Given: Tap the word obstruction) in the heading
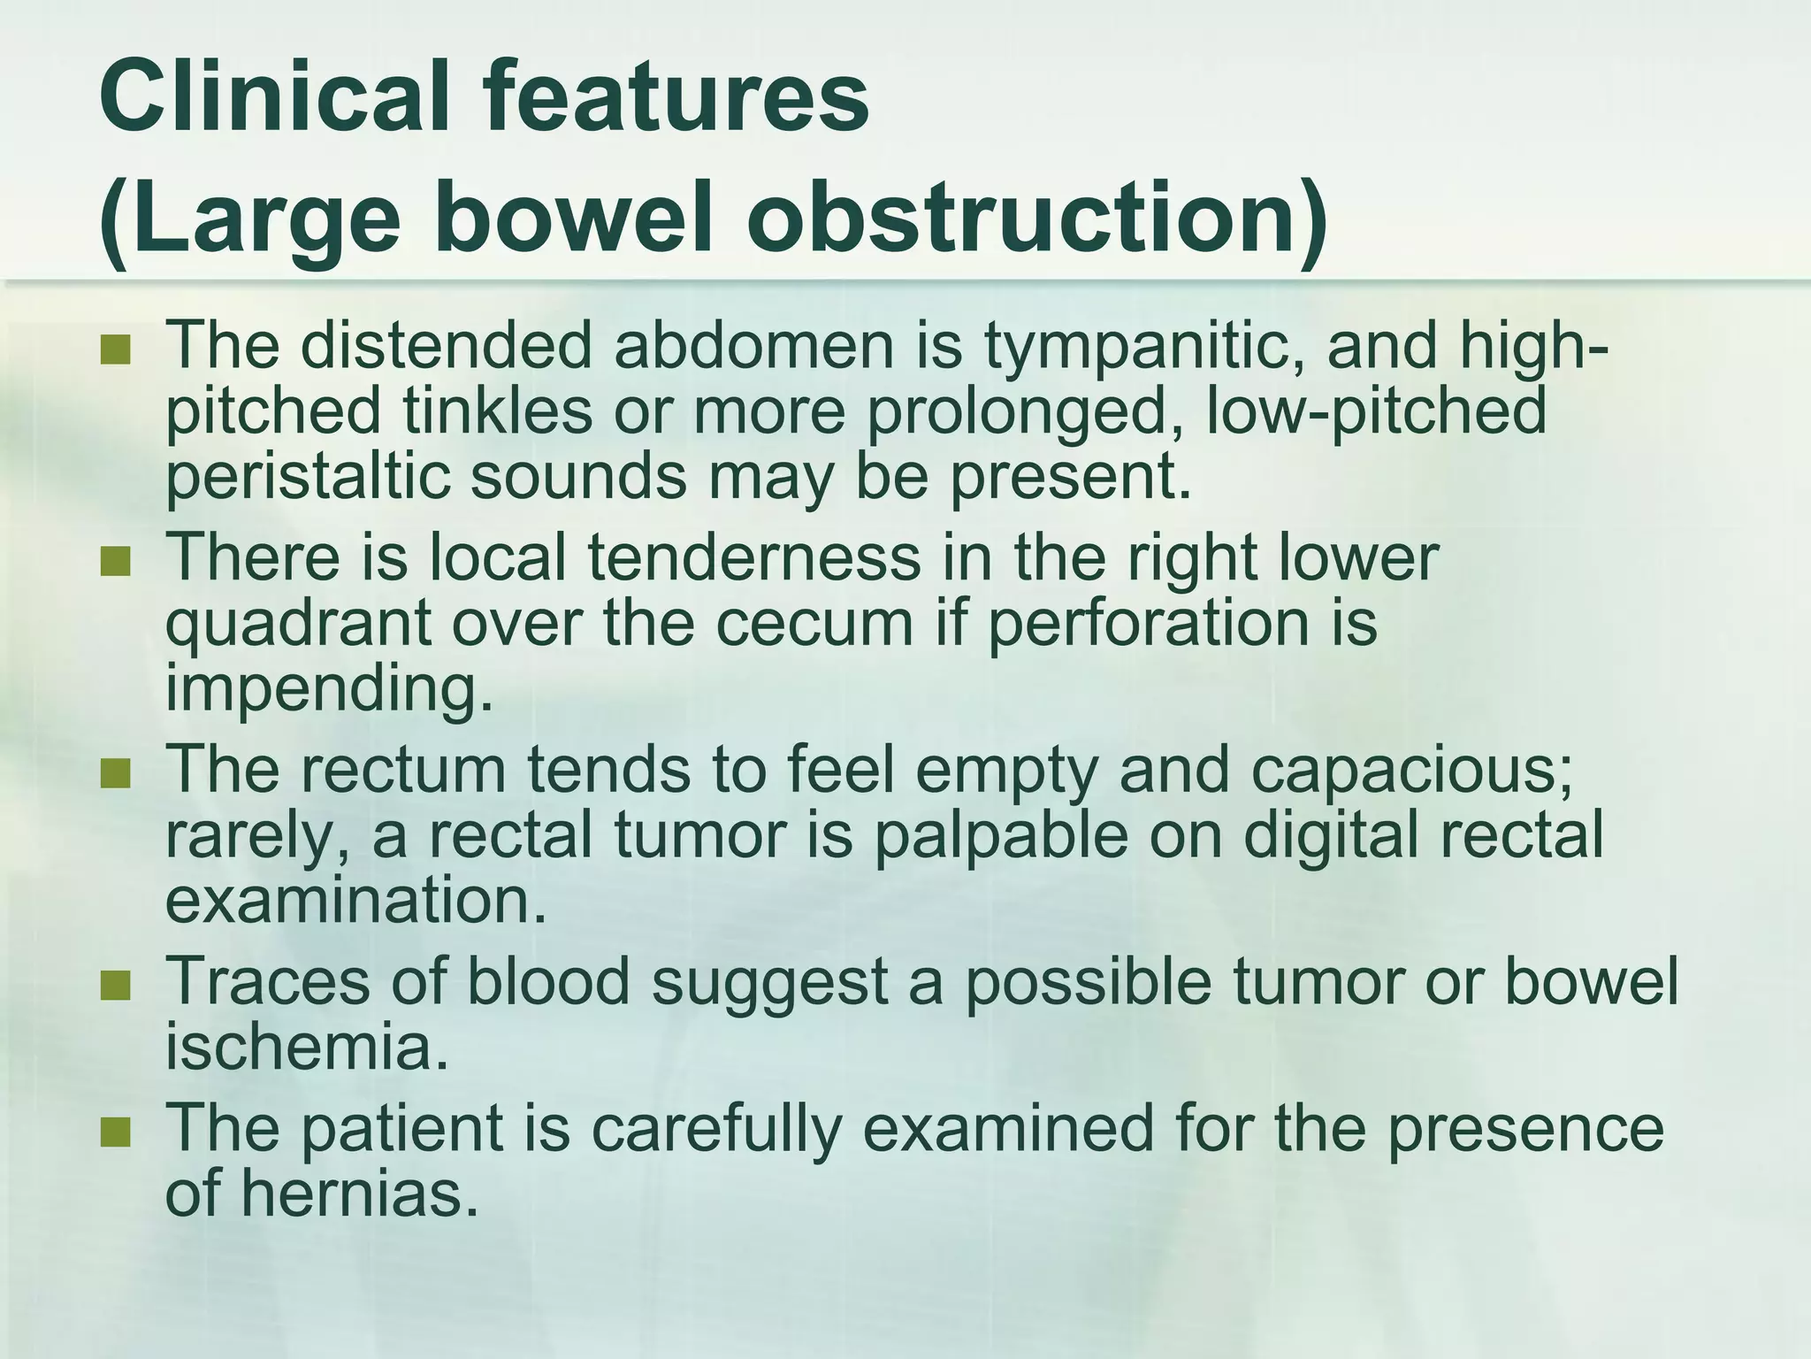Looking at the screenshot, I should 1036,219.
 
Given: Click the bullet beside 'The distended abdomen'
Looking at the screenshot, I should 115,350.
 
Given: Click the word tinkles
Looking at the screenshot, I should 497,411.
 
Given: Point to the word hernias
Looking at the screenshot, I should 352,1194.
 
